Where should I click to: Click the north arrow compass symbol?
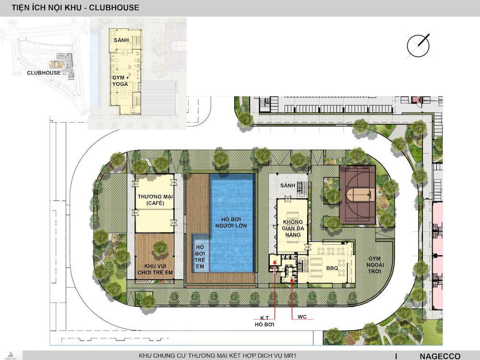418,46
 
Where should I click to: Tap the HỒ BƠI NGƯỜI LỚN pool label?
231,223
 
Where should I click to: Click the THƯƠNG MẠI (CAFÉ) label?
155,200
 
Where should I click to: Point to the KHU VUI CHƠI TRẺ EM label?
155,269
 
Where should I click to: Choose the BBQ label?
332,268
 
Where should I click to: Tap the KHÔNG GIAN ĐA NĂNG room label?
293,228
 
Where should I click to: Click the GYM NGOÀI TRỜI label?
375,265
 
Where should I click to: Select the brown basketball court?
358,195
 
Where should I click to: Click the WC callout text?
302,316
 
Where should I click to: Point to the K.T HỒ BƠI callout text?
264,321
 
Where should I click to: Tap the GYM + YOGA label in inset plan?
120,81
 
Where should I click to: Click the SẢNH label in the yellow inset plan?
121,40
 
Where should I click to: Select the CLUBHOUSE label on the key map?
44,73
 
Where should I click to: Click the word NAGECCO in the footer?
440,356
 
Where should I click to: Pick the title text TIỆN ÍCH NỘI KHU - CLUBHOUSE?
75,8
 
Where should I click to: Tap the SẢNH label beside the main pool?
288,185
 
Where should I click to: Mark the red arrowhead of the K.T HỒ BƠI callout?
275,262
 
